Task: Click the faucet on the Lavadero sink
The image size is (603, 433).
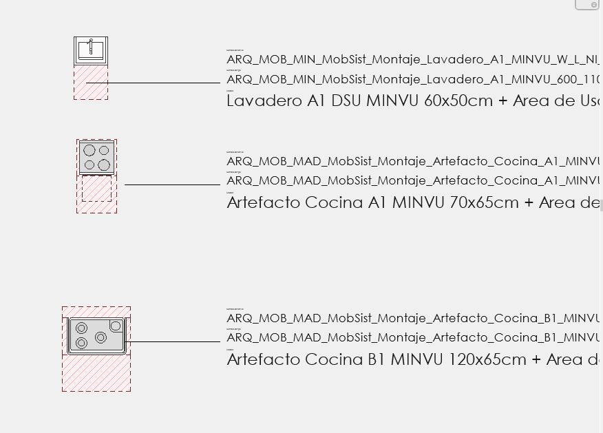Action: pos(90,47)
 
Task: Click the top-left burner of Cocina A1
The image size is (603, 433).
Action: pos(89,150)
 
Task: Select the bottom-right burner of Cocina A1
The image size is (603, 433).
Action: pos(104,165)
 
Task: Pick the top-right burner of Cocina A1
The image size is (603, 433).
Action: pos(104,150)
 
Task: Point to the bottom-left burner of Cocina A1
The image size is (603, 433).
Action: pos(89,165)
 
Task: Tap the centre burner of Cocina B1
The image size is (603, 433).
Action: pos(100,337)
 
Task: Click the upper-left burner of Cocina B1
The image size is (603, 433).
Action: pos(82,328)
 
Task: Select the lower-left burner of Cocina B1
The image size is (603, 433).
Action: pos(81,343)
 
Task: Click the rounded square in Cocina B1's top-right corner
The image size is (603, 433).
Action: pos(116,326)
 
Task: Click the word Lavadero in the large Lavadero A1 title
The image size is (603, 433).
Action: pos(264,101)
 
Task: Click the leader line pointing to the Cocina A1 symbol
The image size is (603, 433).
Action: pos(172,184)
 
